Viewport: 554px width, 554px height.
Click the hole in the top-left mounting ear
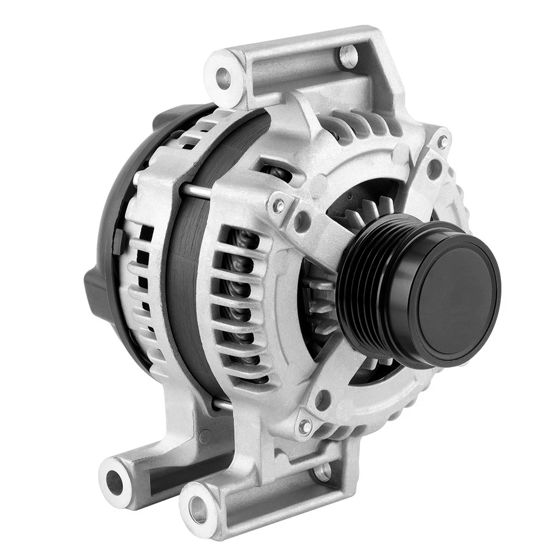point(223,78)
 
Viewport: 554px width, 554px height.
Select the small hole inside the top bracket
point(348,55)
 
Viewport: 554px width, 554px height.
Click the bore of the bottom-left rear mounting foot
point(114,482)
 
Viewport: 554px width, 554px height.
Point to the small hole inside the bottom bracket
point(322,471)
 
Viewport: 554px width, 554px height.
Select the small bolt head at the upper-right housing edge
point(443,141)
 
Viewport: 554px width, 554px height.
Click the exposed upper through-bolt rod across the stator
point(196,190)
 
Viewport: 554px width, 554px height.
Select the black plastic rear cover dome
point(110,231)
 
